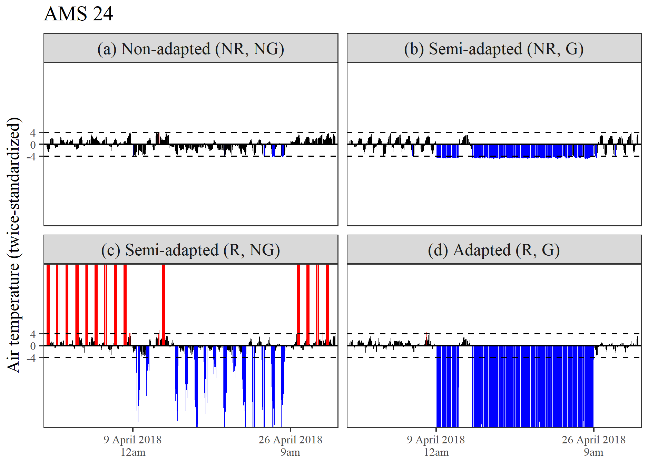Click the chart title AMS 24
[78, 14]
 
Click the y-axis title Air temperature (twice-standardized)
[14, 245]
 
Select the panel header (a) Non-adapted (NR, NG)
[190, 49]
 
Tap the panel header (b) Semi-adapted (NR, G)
[494, 49]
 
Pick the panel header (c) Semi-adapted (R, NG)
[190, 250]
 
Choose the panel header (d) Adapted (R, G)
[494, 250]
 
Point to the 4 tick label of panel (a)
[33, 132]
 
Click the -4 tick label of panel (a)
[32, 157]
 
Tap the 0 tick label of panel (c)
[33, 346]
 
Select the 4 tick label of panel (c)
[33, 334]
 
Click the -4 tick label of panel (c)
[32, 358]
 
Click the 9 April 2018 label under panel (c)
[132, 440]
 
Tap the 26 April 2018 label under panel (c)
[290, 440]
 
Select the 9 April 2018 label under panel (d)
[436, 440]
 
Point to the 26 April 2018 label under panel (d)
[593, 440]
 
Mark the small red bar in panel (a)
[158, 138]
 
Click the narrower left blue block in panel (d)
[448, 386]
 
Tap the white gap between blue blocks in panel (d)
[465, 386]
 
